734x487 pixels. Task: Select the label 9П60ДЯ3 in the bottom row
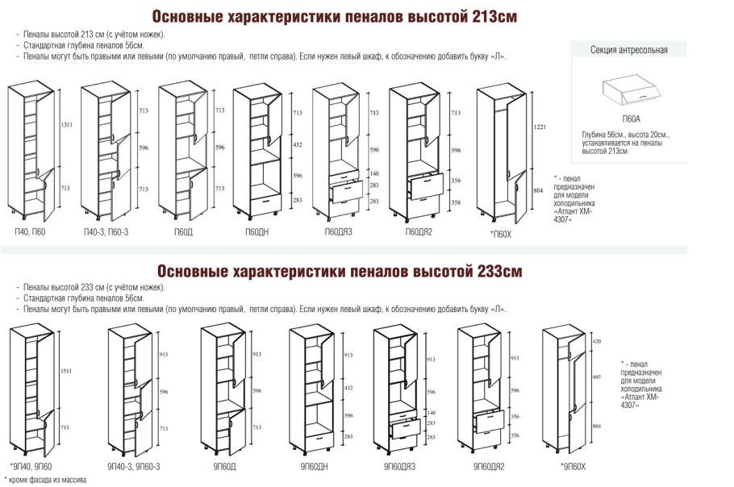point(399,466)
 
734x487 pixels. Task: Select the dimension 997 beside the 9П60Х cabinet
point(598,376)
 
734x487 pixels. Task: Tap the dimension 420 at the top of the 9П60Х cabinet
point(597,342)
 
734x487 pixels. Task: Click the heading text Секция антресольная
point(629,50)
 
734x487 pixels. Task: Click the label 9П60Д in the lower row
point(224,466)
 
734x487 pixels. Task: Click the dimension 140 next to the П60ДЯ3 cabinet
point(374,173)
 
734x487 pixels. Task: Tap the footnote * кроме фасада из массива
point(45,480)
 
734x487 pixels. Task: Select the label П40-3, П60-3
point(106,232)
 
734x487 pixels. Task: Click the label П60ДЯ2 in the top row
point(420,232)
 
